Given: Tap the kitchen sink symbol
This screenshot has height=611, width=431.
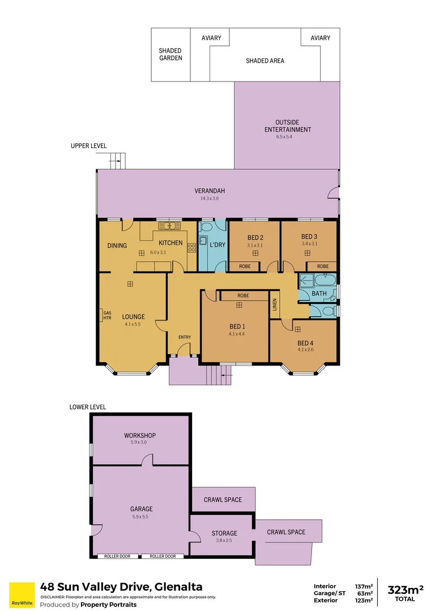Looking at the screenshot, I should coord(168,226).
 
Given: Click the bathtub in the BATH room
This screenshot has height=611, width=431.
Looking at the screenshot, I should coord(326,279).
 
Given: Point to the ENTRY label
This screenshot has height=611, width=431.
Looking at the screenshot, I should coord(185,337).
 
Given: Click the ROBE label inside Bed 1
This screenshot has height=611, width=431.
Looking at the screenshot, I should coord(243,296).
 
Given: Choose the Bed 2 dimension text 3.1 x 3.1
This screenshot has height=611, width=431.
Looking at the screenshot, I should coord(254,246).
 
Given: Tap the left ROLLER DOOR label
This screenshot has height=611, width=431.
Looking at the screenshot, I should coord(117,556).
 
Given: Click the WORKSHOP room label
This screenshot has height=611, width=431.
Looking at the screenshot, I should coord(140,436).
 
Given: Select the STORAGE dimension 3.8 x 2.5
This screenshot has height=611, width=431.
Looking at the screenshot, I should coord(224,540).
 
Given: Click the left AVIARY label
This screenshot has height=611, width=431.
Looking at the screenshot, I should coord(211,38).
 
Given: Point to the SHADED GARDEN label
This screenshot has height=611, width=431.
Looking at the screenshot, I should coord(170,54).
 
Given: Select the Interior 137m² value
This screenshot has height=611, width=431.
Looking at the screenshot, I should coord(364,586).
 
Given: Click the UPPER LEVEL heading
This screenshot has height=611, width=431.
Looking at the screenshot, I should coord(88,146).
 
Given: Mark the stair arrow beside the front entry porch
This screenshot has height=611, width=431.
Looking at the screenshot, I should coord(226,373).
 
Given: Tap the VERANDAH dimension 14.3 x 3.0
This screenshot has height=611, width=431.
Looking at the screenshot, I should coord(209,199).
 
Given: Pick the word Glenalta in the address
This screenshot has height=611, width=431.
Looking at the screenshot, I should coord(176,587).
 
